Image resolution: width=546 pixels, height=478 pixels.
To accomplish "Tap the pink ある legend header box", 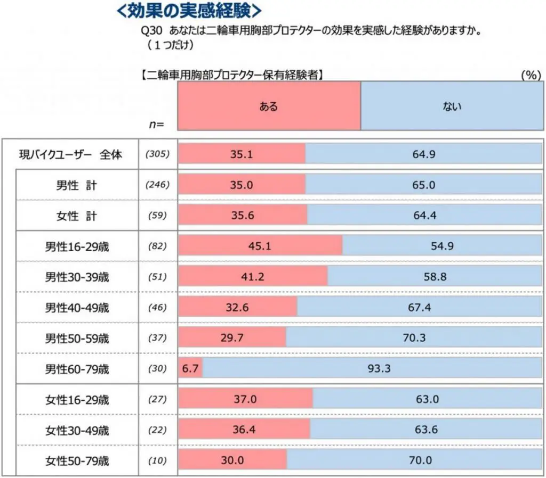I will point(269,106).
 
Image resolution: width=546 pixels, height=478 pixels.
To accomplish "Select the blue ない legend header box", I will point(452,106).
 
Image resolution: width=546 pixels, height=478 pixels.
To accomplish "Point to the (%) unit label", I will point(530,75).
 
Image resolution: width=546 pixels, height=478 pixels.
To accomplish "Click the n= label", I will point(156,125).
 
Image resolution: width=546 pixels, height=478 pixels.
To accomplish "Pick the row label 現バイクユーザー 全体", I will point(71,154).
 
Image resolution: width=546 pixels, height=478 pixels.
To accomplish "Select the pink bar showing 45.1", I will point(260,246).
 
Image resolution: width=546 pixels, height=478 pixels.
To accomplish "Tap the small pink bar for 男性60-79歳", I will point(190,368).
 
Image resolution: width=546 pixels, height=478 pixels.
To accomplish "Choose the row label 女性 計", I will point(77,216).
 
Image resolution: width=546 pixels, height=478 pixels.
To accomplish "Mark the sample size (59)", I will point(157,216).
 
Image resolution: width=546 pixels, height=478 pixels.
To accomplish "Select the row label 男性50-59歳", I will point(77,338).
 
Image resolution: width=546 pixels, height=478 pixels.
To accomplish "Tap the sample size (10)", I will point(157,460).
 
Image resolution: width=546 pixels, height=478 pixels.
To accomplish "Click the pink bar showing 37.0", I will point(245,399).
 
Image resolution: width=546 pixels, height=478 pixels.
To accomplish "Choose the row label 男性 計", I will point(77,185).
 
